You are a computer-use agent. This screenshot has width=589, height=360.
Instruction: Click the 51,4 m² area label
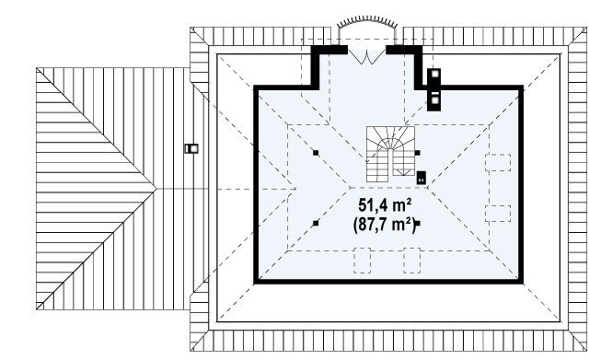pyautogui.click(x=385, y=205)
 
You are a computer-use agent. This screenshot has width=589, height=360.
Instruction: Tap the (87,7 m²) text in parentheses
pyautogui.click(x=384, y=225)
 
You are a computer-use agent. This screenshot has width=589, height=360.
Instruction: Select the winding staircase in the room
pyautogui.click(x=390, y=154)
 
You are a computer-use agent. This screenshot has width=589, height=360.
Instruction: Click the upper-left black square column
pyautogui.click(x=316, y=153)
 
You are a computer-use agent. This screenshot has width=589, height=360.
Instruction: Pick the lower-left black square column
pyautogui.click(x=316, y=223)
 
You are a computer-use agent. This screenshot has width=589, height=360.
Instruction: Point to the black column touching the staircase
pyautogui.click(x=417, y=153)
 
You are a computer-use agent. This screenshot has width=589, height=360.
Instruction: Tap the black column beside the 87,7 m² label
pyautogui.click(x=417, y=223)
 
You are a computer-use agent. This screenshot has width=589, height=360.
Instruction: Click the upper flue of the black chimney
pyautogui.click(x=435, y=74)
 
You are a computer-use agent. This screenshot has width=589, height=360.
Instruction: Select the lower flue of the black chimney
pyautogui.click(x=435, y=100)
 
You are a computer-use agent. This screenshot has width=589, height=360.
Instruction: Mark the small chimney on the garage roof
pyautogui.click(x=191, y=149)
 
